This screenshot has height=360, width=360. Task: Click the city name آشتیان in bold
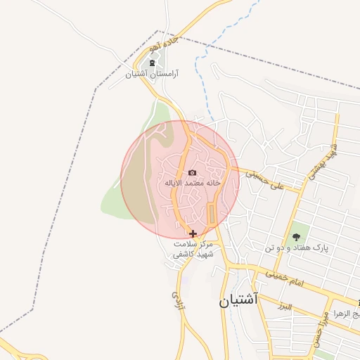pyautogui.click(x=238, y=300)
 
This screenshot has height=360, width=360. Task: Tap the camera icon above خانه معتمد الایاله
pyautogui.click(x=192, y=172)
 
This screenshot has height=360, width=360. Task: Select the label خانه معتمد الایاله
pyautogui.click(x=193, y=183)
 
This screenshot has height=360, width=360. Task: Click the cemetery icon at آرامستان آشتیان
pyautogui.click(x=152, y=63)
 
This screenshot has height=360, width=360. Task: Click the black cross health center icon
pyautogui.click(x=193, y=233)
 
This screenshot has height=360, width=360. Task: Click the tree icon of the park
pyautogui.click(x=296, y=237)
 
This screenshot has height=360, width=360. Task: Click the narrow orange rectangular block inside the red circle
pyautogui.click(x=212, y=214)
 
